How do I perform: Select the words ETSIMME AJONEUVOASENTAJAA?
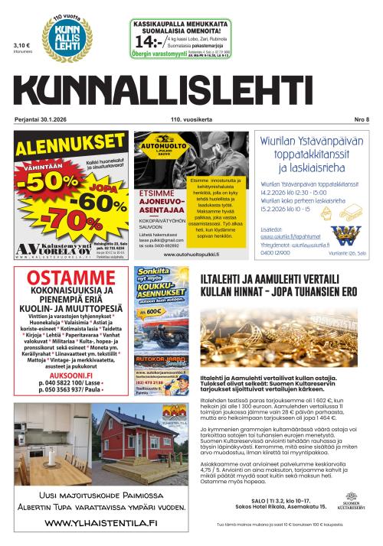(x=163, y=201)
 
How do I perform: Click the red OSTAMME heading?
(x=48, y=277)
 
